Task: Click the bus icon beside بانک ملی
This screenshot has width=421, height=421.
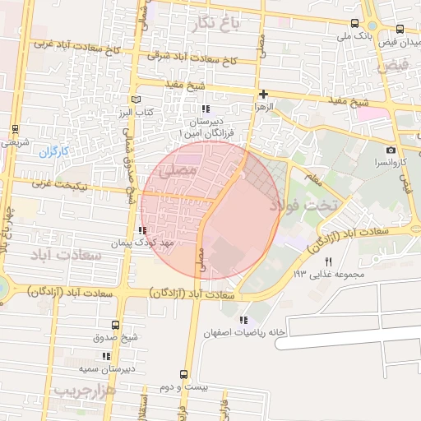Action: pos(354,24)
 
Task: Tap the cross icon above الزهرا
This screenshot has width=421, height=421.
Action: pos(263,94)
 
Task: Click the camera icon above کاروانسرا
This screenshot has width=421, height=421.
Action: pos(391,150)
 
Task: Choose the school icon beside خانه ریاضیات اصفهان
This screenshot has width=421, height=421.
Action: pos(242,320)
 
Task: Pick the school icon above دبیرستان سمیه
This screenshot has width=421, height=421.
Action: pos(105,356)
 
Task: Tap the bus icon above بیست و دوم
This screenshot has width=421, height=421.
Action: pos(169,374)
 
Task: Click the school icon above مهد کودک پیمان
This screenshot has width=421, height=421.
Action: pos(143,231)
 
